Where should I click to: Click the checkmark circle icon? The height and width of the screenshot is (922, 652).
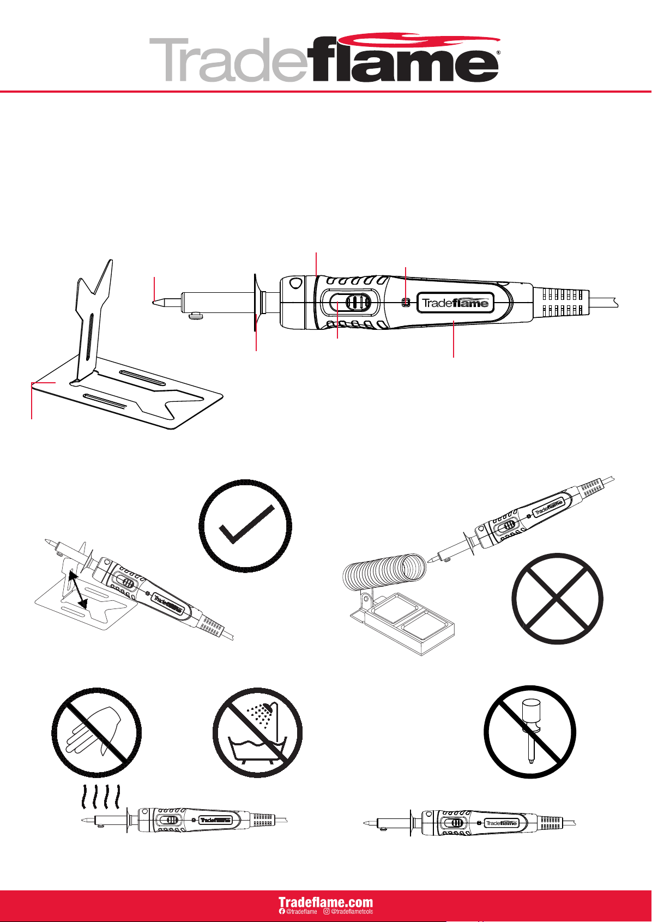pyautogui.click(x=245, y=526)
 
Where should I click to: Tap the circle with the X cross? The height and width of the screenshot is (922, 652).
pyautogui.click(x=557, y=598)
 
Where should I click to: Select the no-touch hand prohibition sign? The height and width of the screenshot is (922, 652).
pyautogui.click(x=96, y=732)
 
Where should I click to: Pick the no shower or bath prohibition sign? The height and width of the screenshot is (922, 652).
pyautogui.click(x=257, y=732)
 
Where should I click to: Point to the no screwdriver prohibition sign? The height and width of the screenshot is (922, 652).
pyautogui.click(x=530, y=732)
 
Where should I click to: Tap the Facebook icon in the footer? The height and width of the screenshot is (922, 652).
pyautogui.click(x=282, y=911)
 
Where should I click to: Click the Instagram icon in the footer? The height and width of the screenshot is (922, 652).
pyautogui.click(x=327, y=911)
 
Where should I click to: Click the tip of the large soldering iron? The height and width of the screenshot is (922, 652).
pyautogui.click(x=153, y=302)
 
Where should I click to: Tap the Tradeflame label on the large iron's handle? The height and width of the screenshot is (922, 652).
pyautogui.click(x=455, y=303)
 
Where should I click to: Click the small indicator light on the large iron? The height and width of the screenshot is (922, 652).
pyautogui.click(x=405, y=303)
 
